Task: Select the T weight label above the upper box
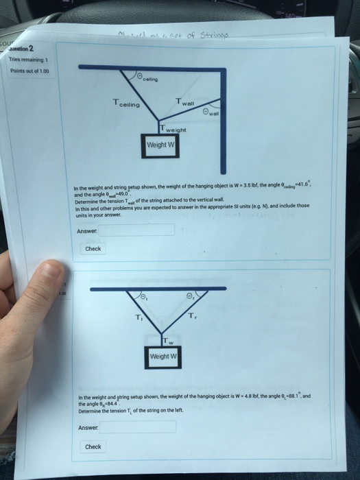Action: click(173, 130)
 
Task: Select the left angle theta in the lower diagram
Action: click(143, 296)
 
